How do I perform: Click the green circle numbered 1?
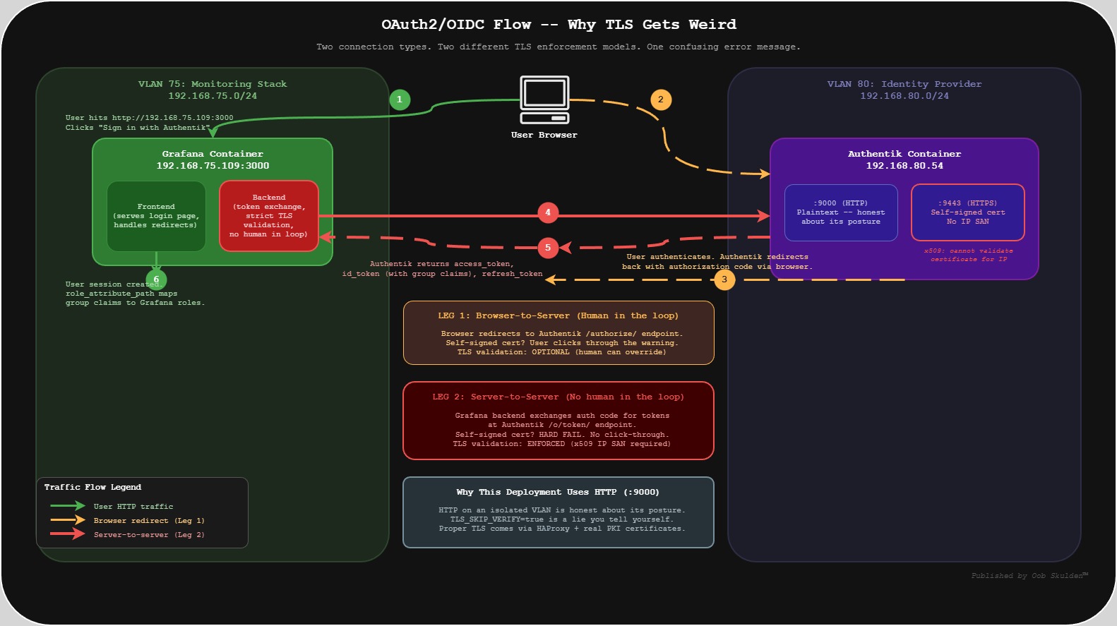400,100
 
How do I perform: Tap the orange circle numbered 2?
661,100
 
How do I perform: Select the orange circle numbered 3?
724,279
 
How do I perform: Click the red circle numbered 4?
548,212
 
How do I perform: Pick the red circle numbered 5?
548,248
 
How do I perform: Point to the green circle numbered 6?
156,279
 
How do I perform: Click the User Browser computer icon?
544,100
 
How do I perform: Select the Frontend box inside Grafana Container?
156,216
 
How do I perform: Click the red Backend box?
269,216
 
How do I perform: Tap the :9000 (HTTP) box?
841,212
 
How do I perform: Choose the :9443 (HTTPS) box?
967,212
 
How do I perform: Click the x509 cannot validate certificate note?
968,255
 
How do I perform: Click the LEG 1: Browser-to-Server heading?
558,315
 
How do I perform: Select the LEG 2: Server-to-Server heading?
558,397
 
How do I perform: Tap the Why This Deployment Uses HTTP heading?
558,492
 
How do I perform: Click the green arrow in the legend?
68,506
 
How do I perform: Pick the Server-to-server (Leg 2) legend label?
149,535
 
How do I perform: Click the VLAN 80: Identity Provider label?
904,84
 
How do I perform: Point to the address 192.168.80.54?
904,166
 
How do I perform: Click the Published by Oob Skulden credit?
1029,576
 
